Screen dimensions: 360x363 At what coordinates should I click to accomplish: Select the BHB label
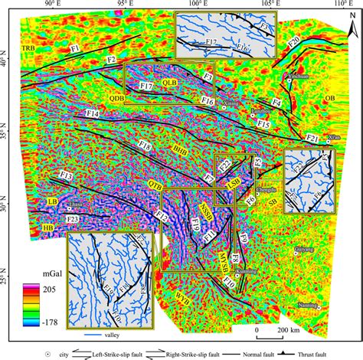[179, 151]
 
